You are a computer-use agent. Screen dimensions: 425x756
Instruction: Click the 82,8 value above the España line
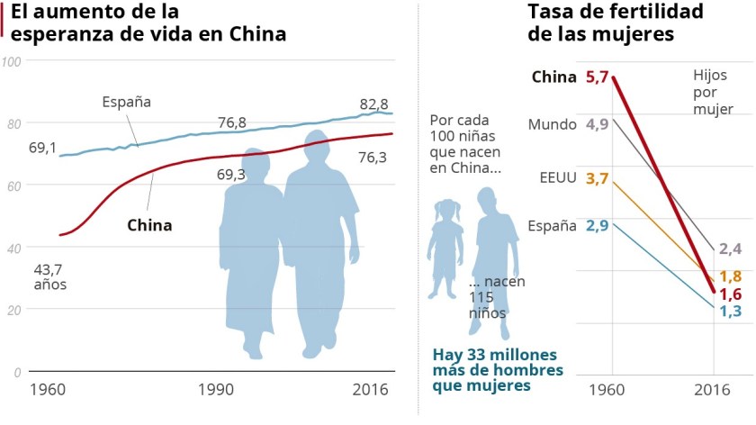tap(373, 104)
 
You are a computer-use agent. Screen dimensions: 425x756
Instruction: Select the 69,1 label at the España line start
tap(42, 147)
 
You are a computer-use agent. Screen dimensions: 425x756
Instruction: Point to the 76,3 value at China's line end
tap(373, 158)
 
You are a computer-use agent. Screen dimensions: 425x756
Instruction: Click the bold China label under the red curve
tap(148, 225)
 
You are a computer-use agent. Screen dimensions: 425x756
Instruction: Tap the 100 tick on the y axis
tap(12, 61)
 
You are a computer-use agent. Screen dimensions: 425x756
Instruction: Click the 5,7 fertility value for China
tap(597, 77)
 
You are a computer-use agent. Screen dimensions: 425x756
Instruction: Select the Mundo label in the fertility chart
tap(552, 124)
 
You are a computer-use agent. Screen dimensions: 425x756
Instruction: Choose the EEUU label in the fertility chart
tap(557, 177)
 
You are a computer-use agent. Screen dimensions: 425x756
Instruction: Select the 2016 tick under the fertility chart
tap(714, 392)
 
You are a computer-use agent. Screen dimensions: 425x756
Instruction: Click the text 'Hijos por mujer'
tap(713, 93)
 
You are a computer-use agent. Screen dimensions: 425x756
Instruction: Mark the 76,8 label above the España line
tap(232, 122)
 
